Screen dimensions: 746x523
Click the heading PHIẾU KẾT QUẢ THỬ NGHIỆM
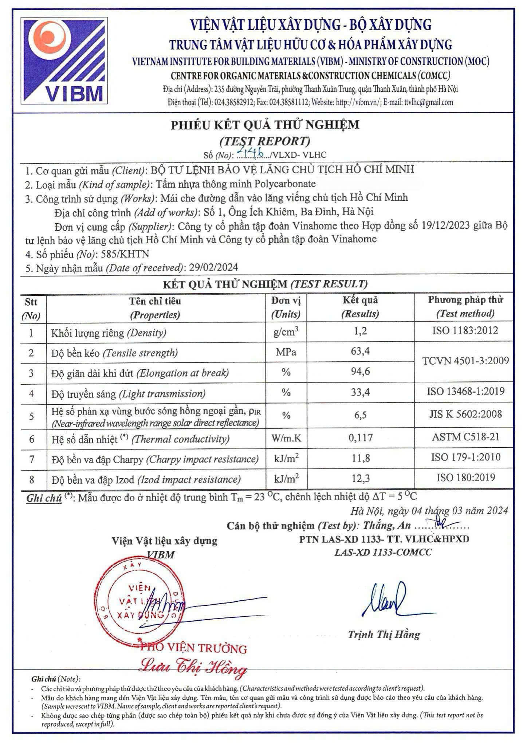point(265,125)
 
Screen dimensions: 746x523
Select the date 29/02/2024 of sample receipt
point(213,267)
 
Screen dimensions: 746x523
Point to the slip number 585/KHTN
point(125,254)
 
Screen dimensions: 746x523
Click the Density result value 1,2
point(360,331)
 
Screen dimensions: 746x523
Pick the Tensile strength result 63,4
point(360,351)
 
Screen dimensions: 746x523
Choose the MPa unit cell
point(286,352)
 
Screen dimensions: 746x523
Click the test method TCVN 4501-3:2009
point(465,361)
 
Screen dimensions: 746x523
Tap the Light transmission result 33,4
point(360,392)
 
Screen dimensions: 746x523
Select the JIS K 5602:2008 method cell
point(465,414)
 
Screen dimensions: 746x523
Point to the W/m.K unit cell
point(286,437)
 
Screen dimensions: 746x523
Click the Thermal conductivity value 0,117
point(361,437)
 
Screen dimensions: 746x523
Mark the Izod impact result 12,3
point(361,478)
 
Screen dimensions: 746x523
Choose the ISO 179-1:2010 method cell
point(465,457)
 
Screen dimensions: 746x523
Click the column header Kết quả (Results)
point(360,307)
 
